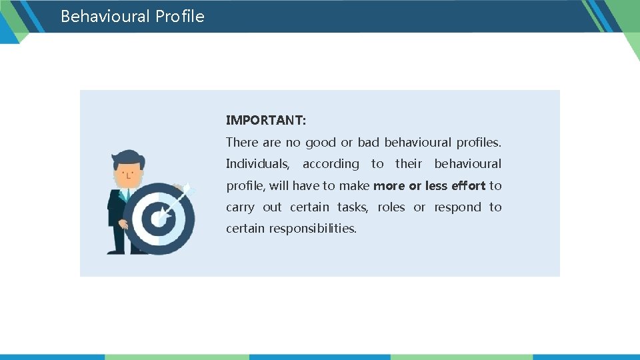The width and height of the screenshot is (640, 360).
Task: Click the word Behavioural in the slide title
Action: [x=105, y=16]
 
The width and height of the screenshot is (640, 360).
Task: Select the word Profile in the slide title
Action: [x=180, y=16]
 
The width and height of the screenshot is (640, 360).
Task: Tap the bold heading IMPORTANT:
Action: [x=266, y=121]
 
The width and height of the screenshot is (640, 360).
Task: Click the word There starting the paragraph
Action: [x=241, y=142]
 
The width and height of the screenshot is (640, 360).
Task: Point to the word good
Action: [x=320, y=142]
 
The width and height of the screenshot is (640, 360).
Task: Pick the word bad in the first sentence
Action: [x=368, y=142]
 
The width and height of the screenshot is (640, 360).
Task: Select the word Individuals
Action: [x=257, y=164]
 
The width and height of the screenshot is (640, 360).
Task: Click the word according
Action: [x=331, y=164]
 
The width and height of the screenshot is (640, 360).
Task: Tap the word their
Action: [x=408, y=164]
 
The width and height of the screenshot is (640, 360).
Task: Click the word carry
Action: [x=240, y=207]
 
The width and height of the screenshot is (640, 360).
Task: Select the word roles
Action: [x=391, y=207]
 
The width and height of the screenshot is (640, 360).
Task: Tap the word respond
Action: [x=457, y=207]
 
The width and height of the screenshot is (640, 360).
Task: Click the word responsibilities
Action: [x=313, y=229]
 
